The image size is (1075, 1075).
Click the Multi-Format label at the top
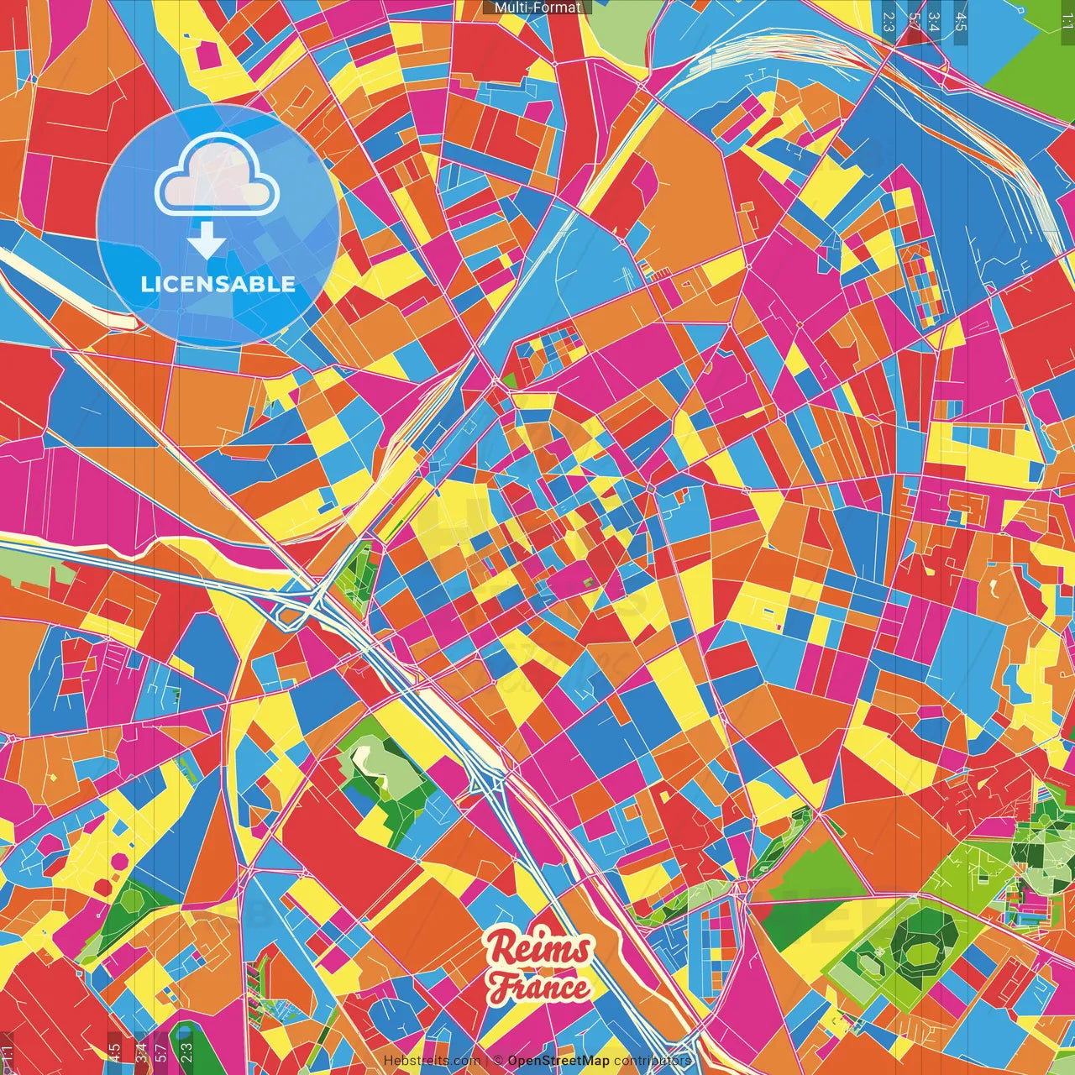tap(537, 7)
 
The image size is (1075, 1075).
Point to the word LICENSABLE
tap(218, 284)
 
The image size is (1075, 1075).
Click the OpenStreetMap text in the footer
tap(558, 1061)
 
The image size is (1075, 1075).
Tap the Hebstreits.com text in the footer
tap(432, 1061)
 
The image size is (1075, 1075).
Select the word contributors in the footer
tap(653, 1061)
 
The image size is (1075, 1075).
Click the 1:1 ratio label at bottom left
tap(8, 1052)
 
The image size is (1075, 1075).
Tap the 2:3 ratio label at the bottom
tap(186, 1052)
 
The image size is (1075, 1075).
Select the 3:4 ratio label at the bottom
tap(141, 1052)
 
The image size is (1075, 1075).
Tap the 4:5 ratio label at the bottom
tap(113, 1052)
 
